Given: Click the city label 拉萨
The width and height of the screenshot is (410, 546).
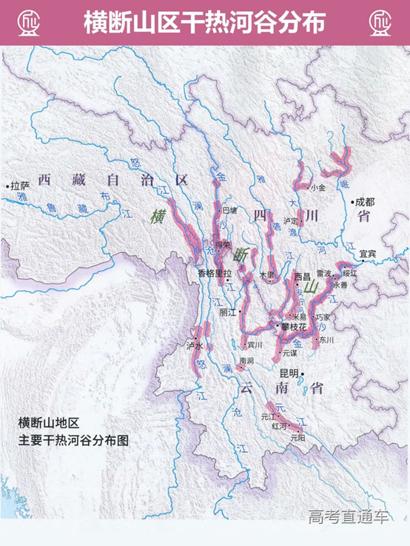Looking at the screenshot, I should pos(19,186).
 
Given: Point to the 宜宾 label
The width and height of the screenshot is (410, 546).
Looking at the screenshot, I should pos(368,254).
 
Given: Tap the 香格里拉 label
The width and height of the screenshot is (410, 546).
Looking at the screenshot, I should pos(215,273).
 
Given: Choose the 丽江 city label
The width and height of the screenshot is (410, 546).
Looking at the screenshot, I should pos(229,312).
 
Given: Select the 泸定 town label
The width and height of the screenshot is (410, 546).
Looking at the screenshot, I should pos(290,220).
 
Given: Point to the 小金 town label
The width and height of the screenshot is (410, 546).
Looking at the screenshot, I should pos(318,188).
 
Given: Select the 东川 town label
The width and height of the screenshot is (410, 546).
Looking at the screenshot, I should pos(326,340).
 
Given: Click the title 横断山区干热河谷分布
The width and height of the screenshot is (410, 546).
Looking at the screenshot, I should pos(204,21).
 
